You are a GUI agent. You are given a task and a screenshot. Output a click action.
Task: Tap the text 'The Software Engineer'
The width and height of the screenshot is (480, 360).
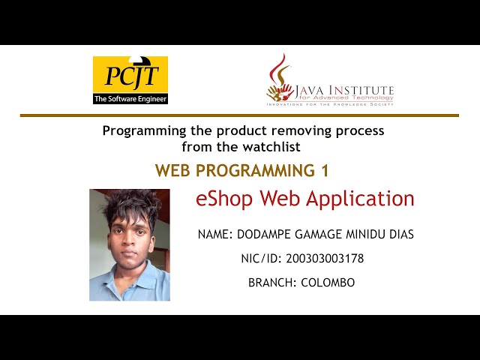coord(130,98)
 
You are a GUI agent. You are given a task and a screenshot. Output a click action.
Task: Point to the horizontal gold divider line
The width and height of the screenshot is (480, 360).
coord(239,115)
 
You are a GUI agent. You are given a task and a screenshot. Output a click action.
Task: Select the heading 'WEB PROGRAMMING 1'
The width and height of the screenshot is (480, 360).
coord(241,171)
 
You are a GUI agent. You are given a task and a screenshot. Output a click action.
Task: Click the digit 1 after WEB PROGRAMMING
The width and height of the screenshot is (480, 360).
coord(325,171)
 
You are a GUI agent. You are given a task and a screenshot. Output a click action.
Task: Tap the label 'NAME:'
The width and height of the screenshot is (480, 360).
coord(215,235)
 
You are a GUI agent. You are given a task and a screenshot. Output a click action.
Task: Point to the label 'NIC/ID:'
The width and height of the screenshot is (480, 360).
coord(260,259)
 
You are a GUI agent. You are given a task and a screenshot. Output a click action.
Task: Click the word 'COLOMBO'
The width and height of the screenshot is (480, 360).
coord(328,283)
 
